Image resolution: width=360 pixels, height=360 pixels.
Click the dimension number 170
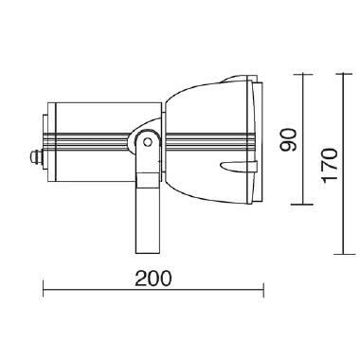pos(328,166)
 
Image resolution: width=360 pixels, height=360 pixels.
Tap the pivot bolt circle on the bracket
pos(147,142)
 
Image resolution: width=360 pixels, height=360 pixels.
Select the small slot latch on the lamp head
pos(232,168)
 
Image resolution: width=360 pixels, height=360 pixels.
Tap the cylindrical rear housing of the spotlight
pos(90,117)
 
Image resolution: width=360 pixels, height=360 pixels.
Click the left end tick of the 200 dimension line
pos(44,290)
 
